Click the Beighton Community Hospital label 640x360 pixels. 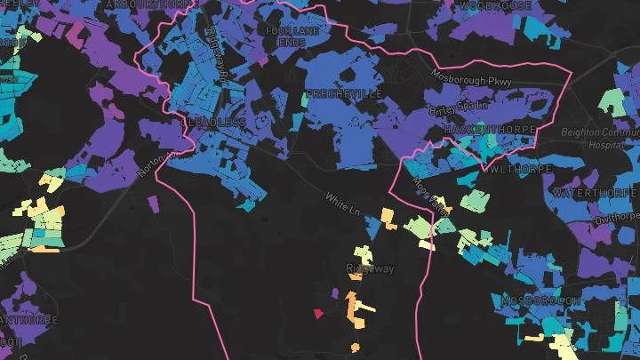(601, 138)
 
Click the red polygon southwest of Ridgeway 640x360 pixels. (318, 312)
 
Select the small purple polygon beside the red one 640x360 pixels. (334, 292)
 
